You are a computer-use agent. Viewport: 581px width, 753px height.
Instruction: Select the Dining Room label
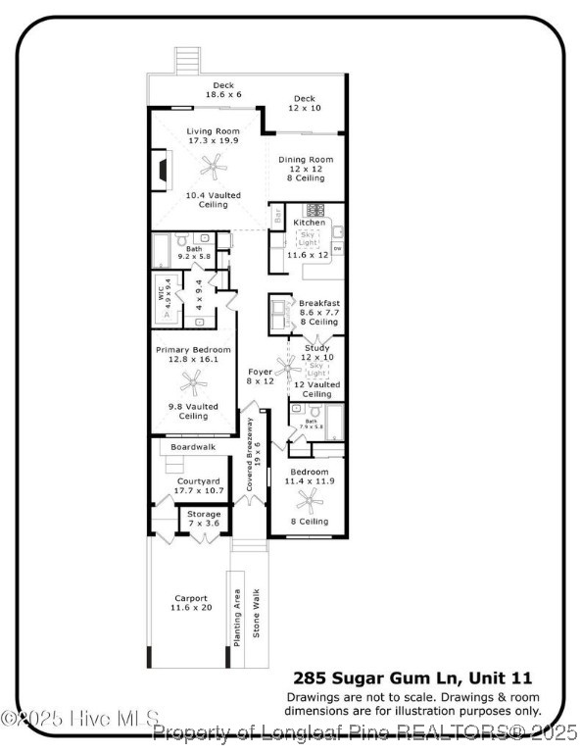tap(305, 160)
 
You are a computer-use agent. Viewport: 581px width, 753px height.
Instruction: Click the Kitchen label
tap(310, 223)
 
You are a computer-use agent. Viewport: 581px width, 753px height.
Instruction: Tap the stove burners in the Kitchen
tap(315, 209)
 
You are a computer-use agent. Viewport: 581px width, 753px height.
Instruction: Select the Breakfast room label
tap(319, 302)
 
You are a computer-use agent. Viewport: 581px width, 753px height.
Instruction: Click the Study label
tap(316, 347)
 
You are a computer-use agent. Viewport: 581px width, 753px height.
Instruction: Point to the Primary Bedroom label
tap(193, 350)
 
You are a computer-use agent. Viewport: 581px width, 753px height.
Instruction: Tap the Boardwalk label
tap(192, 447)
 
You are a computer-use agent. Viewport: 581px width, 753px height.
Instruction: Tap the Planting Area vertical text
tap(237, 616)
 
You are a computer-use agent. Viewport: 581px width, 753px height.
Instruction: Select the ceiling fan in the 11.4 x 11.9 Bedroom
tap(311, 502)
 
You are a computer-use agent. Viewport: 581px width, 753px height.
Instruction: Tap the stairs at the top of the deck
tap(186, 62)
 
